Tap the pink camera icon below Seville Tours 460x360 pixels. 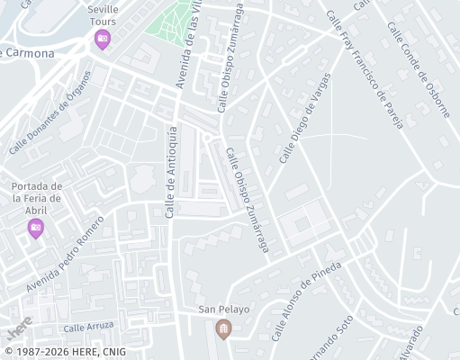click(103, 40)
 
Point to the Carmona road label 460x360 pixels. click(30, 53)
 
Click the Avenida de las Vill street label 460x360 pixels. click(190, 44)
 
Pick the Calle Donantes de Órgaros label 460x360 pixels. click(51, 127)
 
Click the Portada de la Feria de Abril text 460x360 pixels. click(36, 198)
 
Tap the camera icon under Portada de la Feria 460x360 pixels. click(36, 229)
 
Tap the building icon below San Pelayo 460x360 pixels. click(223, 330)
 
